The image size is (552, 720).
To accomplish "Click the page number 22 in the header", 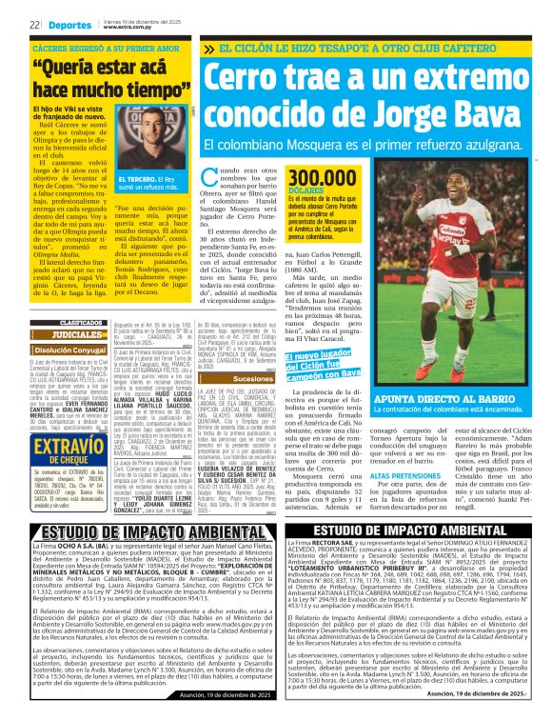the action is [x=33, y=25].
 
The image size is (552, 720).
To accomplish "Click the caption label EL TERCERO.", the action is [x=132, y=178].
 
